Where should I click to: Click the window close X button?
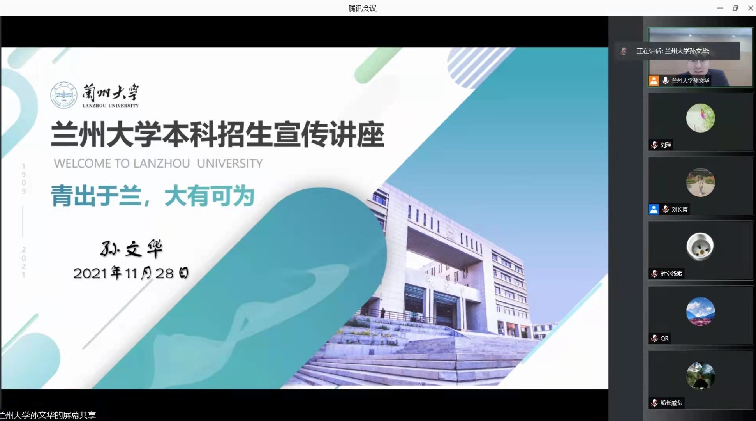751,8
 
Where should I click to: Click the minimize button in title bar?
720,8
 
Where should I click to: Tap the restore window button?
735,8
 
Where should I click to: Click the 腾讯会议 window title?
362,8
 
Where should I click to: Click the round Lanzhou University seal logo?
63,95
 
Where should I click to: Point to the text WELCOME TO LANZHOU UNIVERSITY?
158,163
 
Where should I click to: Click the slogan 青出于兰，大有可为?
153,196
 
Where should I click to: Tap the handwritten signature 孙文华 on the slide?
132,249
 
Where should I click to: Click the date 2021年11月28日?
131,273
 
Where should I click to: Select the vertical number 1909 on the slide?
24,179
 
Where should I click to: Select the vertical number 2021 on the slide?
24,262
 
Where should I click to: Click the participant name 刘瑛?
666,145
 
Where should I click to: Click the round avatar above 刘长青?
700,182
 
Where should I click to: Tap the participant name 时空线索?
671,274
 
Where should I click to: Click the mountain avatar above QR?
700,311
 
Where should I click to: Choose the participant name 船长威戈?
671,403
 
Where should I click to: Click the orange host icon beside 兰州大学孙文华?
654,80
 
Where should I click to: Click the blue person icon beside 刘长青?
654,209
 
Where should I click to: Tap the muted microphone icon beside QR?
654,338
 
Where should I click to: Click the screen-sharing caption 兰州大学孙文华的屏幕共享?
48,415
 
